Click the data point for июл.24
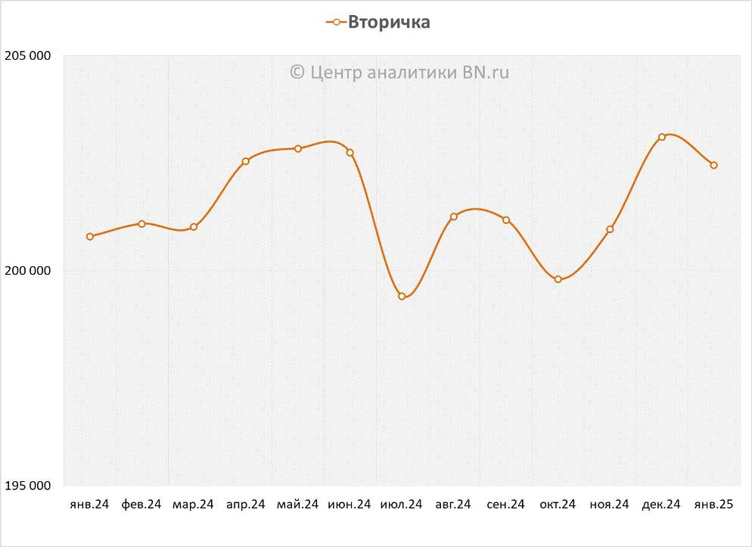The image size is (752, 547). coord(402,297)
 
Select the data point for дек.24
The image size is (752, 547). coord(662,137)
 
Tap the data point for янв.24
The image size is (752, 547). coord(90,237)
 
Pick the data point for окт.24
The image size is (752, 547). coord(558,280)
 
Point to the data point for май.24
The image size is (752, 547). coord(298,149)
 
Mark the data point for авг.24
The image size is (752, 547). coord(454,217)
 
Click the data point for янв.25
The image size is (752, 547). coord(713,165)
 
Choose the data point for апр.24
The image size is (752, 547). coord(246,161)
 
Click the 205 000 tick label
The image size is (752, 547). coord(28,56)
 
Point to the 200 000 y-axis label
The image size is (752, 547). coord(28,271)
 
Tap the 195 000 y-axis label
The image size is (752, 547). coord(28,486)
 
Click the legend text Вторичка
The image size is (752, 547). coord(389,23)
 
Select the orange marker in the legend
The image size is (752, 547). coord(336,23)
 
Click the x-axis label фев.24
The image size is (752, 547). coord(141,505)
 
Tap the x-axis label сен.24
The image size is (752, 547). coord(505,505)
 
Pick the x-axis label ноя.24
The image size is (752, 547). coord(610,505)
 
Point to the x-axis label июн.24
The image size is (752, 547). coord(350,505)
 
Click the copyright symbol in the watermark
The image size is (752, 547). coord(297,73)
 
